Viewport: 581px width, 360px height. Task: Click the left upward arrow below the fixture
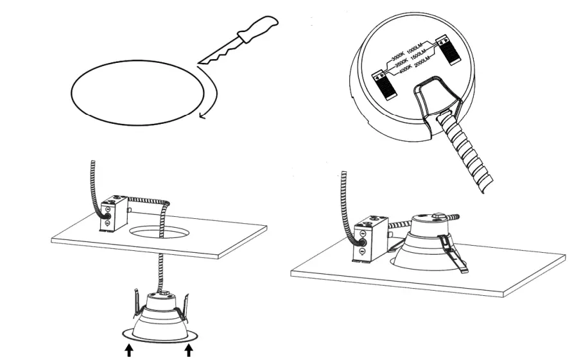click(129, 350)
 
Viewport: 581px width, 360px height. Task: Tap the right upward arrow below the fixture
click(189, 350)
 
